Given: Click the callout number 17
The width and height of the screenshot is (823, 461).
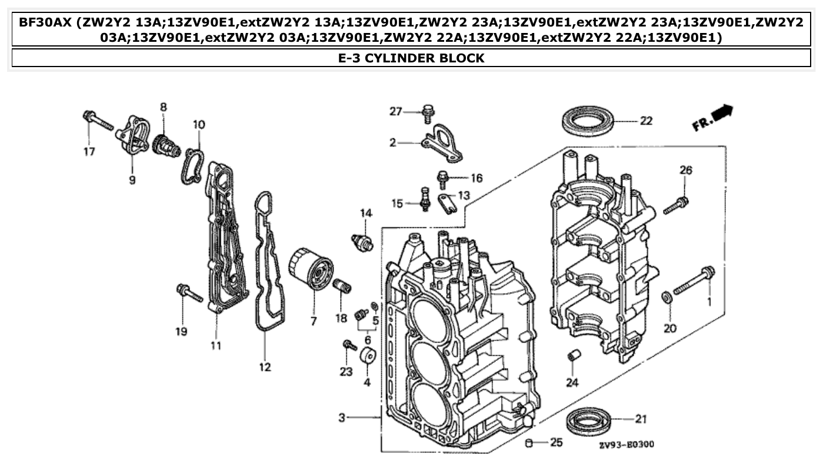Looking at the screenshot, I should pos(88,151).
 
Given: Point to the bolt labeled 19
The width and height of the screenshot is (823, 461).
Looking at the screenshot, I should pos(189,293).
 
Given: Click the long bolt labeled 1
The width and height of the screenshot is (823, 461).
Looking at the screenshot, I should pos(695,281).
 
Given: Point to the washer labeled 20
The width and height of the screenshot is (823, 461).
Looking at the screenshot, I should pos(667,297).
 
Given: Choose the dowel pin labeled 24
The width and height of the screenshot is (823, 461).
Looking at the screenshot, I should pos(573,356).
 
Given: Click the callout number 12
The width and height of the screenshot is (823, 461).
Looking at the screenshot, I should pos(265,367).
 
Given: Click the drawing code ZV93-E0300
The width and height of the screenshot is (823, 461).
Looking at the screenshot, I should pos(627,445).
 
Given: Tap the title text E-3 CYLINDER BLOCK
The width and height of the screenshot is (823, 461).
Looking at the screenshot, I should pos(411,58).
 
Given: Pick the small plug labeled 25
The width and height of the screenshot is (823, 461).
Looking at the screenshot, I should pos(528,442).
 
